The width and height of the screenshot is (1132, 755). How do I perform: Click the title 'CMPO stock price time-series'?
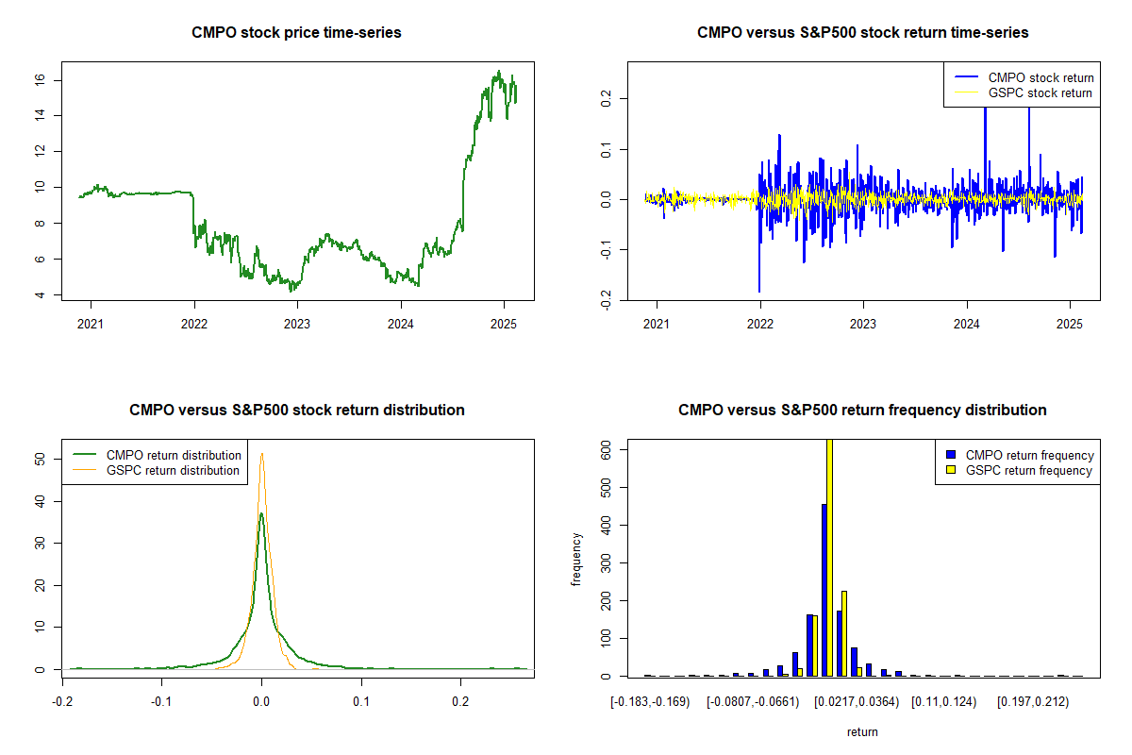tap(296, 33)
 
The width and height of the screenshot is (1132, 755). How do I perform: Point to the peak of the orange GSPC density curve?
tap(261, 454)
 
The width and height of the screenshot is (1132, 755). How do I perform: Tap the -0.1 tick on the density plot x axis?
tap(162, 702)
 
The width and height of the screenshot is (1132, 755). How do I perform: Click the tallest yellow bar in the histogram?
tap(830, 557)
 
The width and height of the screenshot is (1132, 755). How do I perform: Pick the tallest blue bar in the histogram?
tap(824, 590)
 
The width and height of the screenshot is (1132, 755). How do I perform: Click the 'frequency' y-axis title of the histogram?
tap(576, 559)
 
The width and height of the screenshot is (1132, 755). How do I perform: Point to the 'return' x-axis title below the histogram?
tap(862, 731)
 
